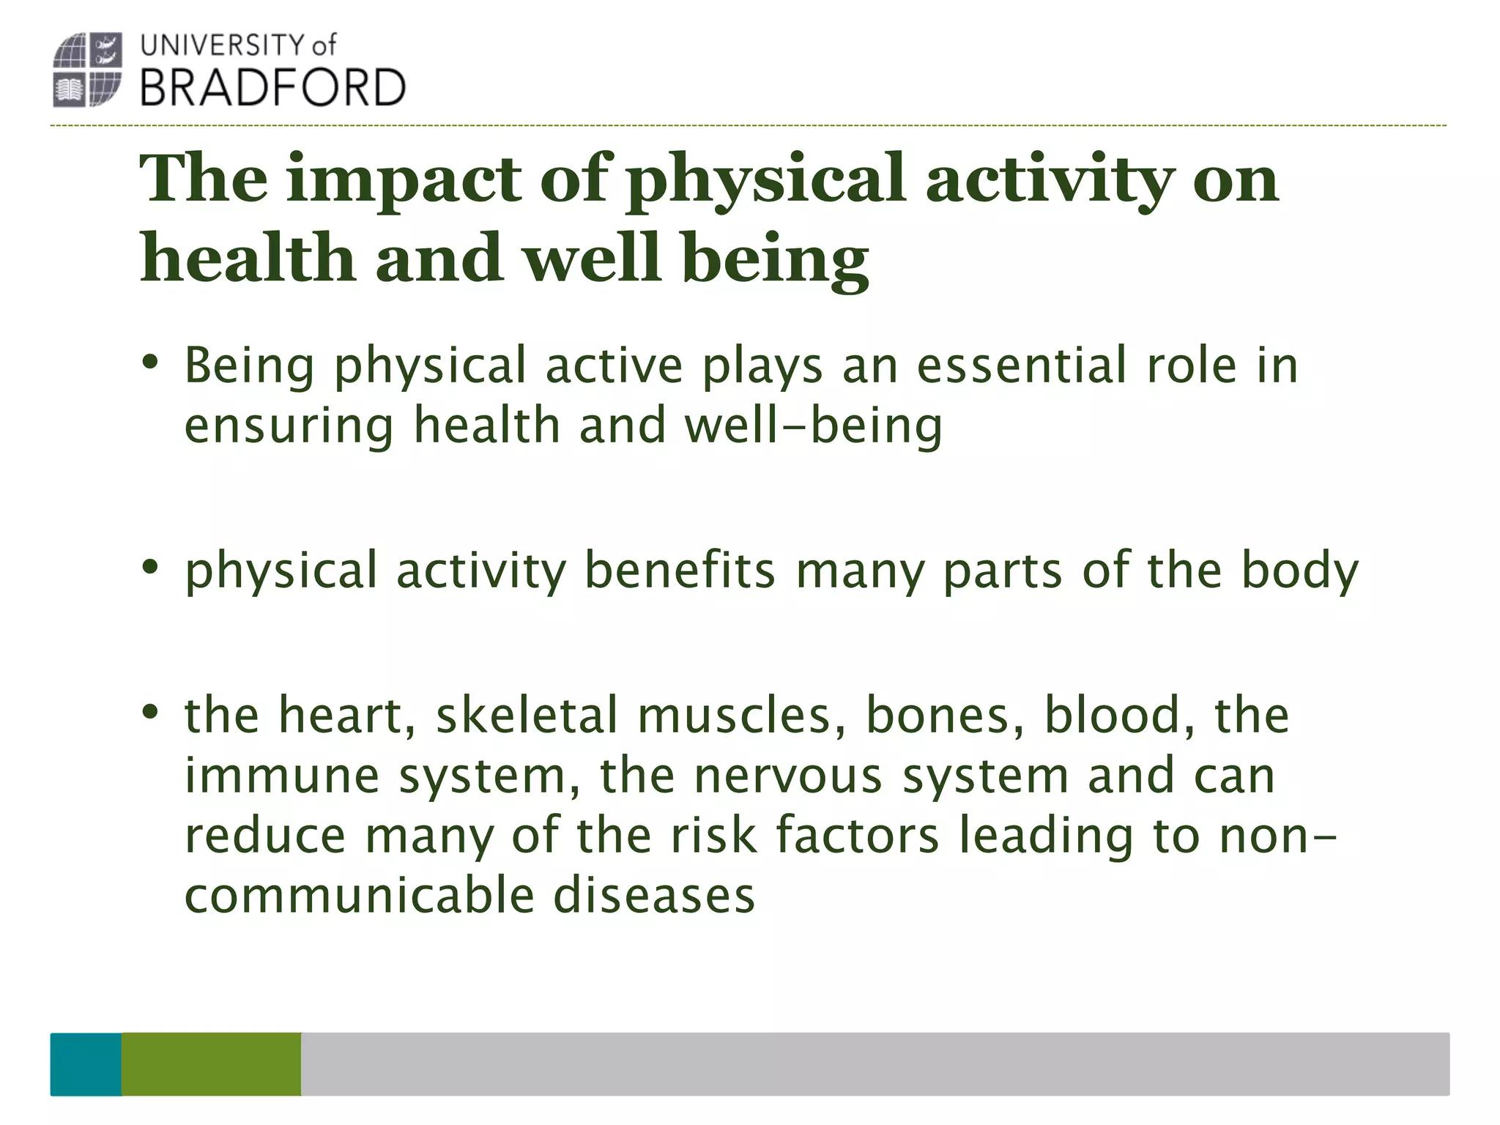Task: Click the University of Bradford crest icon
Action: pyautogui.click(x=87, y=70)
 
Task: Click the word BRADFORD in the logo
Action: pyautogui.click(x=272, y=89)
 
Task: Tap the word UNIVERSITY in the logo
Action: pyautogui.click(x=223, y=45)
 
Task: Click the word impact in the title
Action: pyautogui.click(x=404, y=179)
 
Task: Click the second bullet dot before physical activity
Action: pyautogui.click(x=150, y=567)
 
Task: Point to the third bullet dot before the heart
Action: pyautogui.click(x=150, y=711)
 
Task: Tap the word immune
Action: pyautogui.click(x=282, y=776)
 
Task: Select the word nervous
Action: pyautogui.click(x=788, y=776)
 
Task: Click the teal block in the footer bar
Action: pyautogui.click(x=86, y=1063)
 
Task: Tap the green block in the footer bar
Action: pyautogui.click(x=211, y=1063)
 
